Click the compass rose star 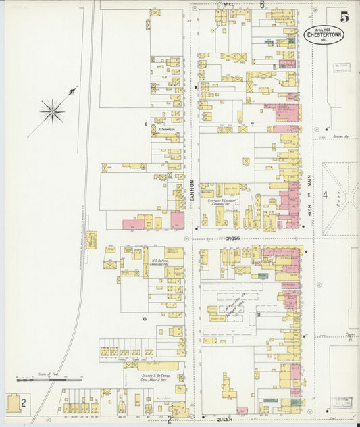point(52,111)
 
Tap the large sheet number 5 point(344,16)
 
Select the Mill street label point(228,4)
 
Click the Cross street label point(233,238)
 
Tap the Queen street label point(224,419)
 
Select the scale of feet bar point(49,380)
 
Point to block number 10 point(143,318)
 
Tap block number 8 point(145,124)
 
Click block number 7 point(251,124)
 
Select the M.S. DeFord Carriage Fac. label point(155,262)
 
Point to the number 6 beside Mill point(261,4)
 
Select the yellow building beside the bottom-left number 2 point(13,403)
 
